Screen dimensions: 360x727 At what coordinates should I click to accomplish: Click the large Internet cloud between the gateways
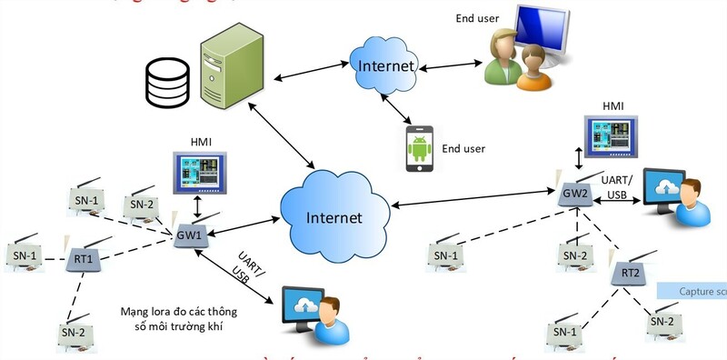[334, 215]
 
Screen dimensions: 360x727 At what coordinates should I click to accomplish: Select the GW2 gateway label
[574, 194]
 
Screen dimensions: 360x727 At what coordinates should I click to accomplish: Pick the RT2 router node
[631, 272]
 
